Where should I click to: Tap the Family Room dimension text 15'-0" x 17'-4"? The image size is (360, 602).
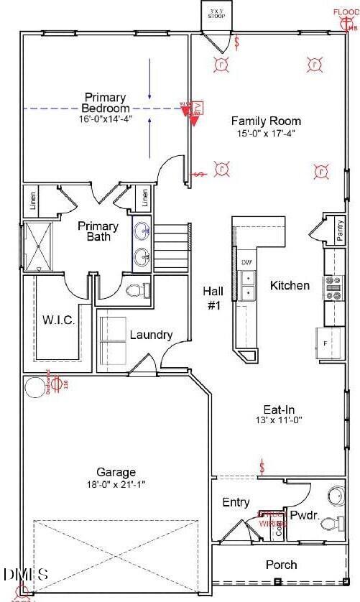[266, 134]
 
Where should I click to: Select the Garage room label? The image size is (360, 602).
[116, 472]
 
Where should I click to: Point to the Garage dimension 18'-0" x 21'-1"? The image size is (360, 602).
[116, 484]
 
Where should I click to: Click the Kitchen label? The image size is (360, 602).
[290, 286]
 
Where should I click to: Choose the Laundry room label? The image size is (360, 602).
[151, 335]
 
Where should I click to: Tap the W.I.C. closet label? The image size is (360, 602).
[58, 320]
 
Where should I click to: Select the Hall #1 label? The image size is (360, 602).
[213, 297]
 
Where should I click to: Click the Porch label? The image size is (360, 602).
[281, 565]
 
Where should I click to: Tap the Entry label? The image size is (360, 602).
[236, 502]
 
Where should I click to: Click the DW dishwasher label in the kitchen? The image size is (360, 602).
[246, 263]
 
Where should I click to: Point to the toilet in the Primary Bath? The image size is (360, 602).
[137, 291]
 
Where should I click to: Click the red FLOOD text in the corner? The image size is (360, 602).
[344, 12]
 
